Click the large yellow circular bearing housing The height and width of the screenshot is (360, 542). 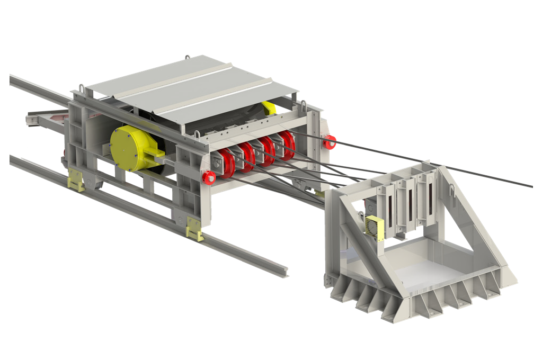129,149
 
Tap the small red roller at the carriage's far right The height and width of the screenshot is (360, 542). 331,142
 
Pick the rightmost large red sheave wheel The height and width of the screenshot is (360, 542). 287,145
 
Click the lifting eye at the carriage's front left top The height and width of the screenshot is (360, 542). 81,87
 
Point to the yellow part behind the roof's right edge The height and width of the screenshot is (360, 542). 270,109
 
